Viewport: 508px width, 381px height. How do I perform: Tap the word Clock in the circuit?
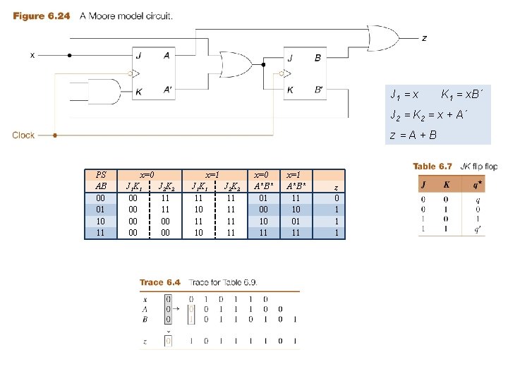tap(23, 135)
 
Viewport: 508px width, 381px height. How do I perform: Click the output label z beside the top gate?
tap(424, 38)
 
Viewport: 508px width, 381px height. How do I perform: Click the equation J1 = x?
tap(405, 94)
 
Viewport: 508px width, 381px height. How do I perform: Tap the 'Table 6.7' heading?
tap(433, 167)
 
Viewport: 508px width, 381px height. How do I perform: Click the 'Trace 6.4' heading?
tap(160, 282)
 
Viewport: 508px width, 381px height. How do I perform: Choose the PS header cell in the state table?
tap(101, 175)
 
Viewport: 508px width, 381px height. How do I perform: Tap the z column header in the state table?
tap(336, 187)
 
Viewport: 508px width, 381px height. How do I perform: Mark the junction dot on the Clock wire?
tap(56, 134)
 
